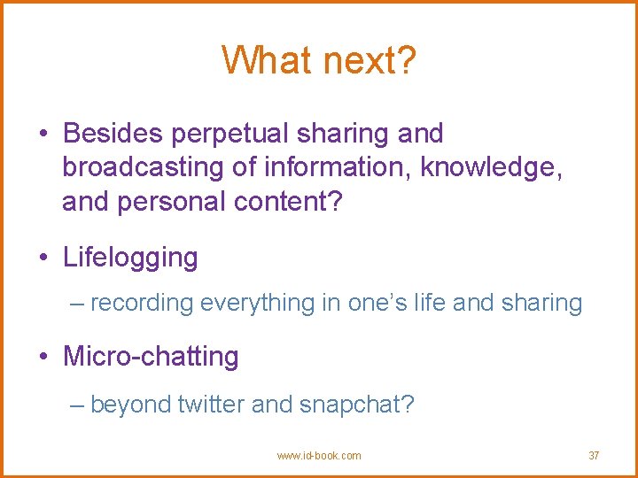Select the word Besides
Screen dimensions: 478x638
pos(113,134)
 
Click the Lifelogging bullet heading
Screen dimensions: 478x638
pos(130,258)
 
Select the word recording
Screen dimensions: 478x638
pos(142,304)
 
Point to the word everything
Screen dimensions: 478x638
pos(258,304)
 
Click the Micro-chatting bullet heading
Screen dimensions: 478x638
pos(151,357)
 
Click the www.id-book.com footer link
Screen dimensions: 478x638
pos(319,456)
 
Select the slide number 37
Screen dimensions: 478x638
pos(594,456)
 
